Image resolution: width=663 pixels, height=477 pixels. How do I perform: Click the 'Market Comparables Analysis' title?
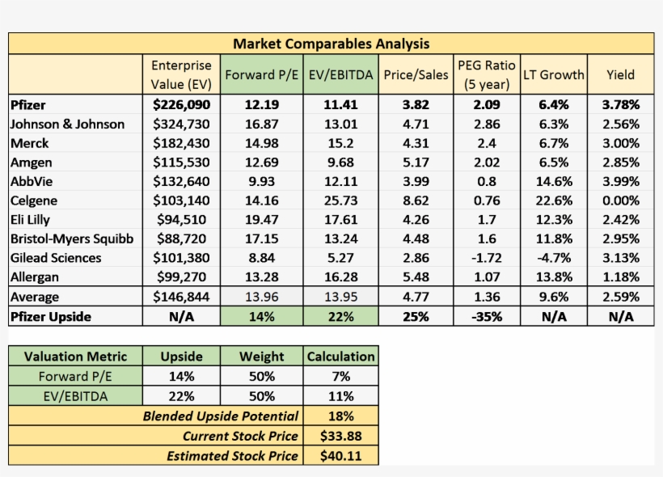[x=331, y=44]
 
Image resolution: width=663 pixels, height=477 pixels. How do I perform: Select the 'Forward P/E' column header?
[x=262, y=74]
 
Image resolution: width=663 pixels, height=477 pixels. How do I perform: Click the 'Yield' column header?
[x=620, y=74]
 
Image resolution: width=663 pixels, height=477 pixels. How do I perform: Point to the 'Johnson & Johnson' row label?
[x=67, y=124]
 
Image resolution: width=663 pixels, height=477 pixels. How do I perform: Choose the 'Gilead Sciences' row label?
[x=56, y=258]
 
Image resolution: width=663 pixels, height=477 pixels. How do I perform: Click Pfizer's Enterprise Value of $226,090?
[x=181, y=104]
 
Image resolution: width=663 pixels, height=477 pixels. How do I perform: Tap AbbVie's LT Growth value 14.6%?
[x=553, y=181]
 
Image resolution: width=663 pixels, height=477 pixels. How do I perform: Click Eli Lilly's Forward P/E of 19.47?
[x=262, y=220]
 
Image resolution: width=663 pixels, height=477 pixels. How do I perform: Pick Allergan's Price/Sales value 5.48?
[x=416, y=277]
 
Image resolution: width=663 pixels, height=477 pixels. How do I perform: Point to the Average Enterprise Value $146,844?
[x=181, y=297]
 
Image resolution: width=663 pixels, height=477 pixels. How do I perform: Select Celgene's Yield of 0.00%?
[x=620, y=201]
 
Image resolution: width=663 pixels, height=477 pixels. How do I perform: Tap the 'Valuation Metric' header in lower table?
[x=75, y=357]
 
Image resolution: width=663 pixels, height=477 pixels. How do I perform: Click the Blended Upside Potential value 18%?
[x=340, y=416]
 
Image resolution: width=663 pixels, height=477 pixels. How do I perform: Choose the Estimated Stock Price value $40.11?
[x=340, y=456]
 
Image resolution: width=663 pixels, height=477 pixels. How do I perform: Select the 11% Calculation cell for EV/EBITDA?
[x=340, y=396]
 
